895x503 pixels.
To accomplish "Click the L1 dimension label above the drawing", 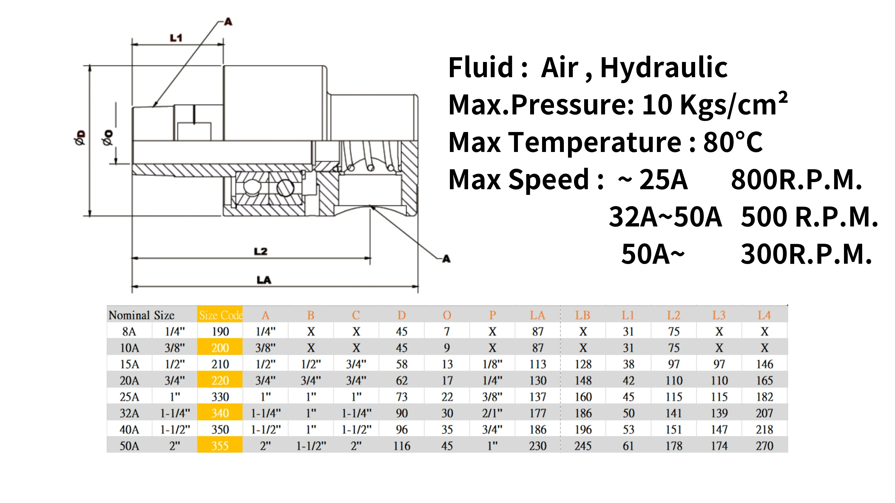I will pos(176,38).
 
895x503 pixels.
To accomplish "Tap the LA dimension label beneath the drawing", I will pos(264,280).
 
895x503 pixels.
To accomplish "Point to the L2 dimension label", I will pos(260,251).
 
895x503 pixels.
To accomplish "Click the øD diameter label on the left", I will pos(80,137).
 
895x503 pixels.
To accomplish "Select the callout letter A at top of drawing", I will pos(228,22).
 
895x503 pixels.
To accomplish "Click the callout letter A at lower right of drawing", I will pos(446,259).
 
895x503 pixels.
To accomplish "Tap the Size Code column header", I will pos(220,315).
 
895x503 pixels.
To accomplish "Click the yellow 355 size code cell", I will pos(220,446).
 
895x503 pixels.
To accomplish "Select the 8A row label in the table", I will pos(129,332).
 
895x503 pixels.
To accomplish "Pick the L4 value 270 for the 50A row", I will pos(764,446).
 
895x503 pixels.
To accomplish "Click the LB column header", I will pos(583,315).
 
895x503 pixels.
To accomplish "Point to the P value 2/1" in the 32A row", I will pos(492,413).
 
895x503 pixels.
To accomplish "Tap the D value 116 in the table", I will pos(402,446).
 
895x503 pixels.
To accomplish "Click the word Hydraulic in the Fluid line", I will pos(663,68).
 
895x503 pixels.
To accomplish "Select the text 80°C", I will pos(733,142).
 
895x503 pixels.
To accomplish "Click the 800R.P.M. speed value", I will pos(796,180).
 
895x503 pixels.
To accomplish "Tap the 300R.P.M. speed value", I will pos(806,254).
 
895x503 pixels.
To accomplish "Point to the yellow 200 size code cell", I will pos(220,348).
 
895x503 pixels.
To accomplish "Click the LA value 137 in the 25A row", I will pos(538,397).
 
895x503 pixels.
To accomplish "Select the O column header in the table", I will pos(447,315).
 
